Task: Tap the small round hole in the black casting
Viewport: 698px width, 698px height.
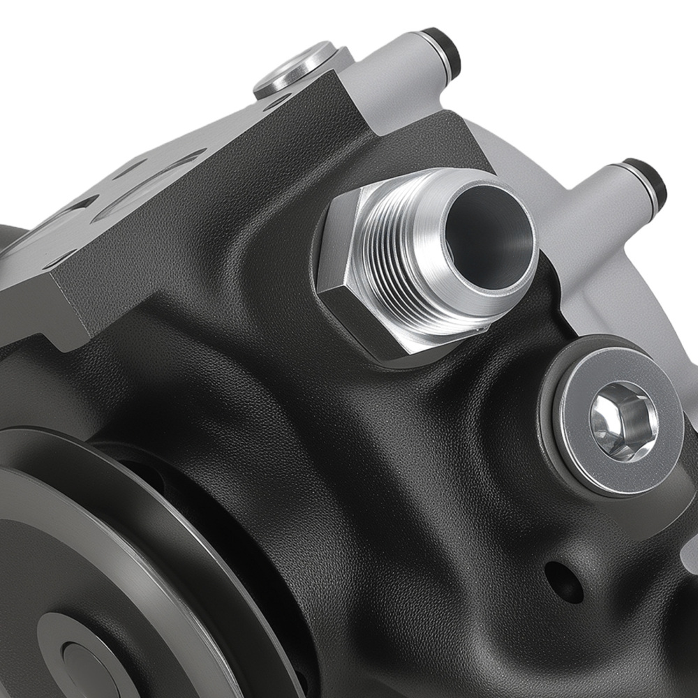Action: coord(563,581)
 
